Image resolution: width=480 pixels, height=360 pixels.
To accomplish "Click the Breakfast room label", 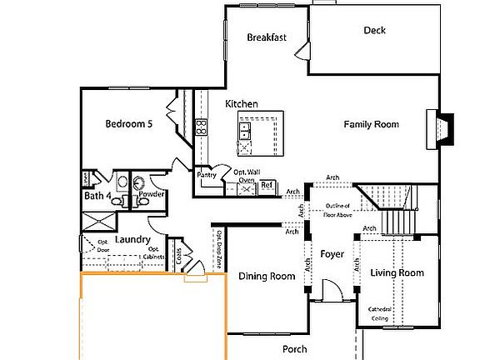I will coord(267,37).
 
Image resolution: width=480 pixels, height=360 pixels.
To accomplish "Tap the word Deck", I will coord(374,31).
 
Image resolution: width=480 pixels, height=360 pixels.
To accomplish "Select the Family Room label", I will coord(372,125).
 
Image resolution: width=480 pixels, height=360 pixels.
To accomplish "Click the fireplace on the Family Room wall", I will coord(439,129).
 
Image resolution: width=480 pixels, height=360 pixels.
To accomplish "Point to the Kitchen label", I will coord(242,104).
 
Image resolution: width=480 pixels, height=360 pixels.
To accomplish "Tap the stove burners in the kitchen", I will coord(201,127).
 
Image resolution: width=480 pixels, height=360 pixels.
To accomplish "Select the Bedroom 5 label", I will coord(128,125).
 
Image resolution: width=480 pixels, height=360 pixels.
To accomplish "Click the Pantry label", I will coord(207,175).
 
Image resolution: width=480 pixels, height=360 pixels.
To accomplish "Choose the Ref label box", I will coord(267,186).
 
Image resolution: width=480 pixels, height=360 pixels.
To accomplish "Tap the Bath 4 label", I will coord(97,197).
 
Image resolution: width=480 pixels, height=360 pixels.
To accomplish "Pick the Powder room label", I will coord(151,195).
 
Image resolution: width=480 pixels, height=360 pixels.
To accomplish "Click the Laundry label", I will coord(132,240).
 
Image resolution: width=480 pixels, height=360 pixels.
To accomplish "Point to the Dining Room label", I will coord(267,277).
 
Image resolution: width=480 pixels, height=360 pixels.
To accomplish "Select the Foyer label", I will coord(332,254).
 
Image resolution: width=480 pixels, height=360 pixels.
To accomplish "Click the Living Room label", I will coord(397,272).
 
